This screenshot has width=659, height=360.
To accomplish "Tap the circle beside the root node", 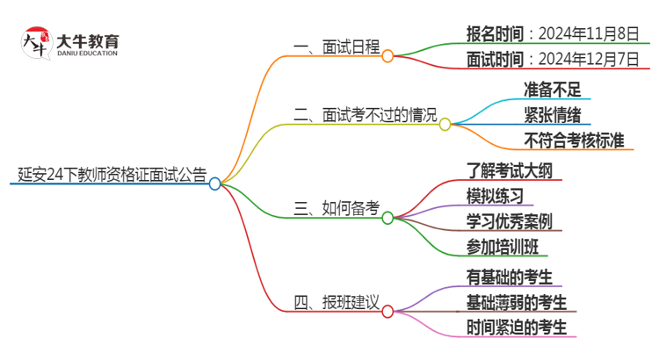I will pos(215,184).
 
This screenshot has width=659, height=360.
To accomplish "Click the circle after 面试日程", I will pos(387,55).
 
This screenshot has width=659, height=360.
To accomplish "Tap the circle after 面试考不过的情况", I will pos(445,124).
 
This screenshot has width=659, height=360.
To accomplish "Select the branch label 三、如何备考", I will pos(337,208).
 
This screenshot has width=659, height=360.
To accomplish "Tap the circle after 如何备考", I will pos(387,217).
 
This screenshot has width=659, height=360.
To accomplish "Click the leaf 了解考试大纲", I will pos(510,169).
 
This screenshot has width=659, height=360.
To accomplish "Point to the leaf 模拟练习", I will pos(496,195).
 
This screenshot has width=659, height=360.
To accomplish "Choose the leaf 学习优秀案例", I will pos(510,220).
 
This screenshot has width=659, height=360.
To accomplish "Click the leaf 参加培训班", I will pos(503,246).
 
